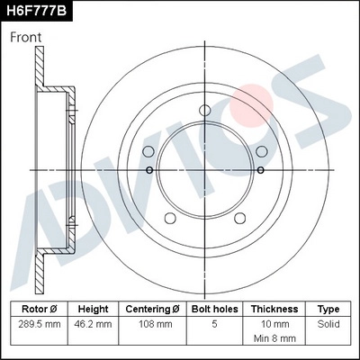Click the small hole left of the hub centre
pyautogui.click(x=148, y=169)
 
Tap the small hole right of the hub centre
pyautogui.click(x=269, y=169)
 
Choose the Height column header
pyautogui.click(x=93, y=308)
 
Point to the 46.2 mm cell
pyautogui.click(x=93, y=322)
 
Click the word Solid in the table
pyautogui.click(x=328, y=322)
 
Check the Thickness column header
pyautogui.click(x=274, y=308)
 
